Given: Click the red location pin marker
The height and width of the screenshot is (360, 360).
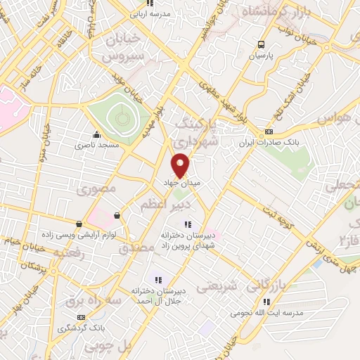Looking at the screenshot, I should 181,165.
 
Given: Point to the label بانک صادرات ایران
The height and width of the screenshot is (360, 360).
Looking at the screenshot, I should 297,142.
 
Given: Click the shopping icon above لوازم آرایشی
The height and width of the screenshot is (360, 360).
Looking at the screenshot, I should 116,215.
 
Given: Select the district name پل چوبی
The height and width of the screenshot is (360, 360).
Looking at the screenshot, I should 109,347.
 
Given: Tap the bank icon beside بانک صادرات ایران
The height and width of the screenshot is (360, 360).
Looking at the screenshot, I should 269,131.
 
